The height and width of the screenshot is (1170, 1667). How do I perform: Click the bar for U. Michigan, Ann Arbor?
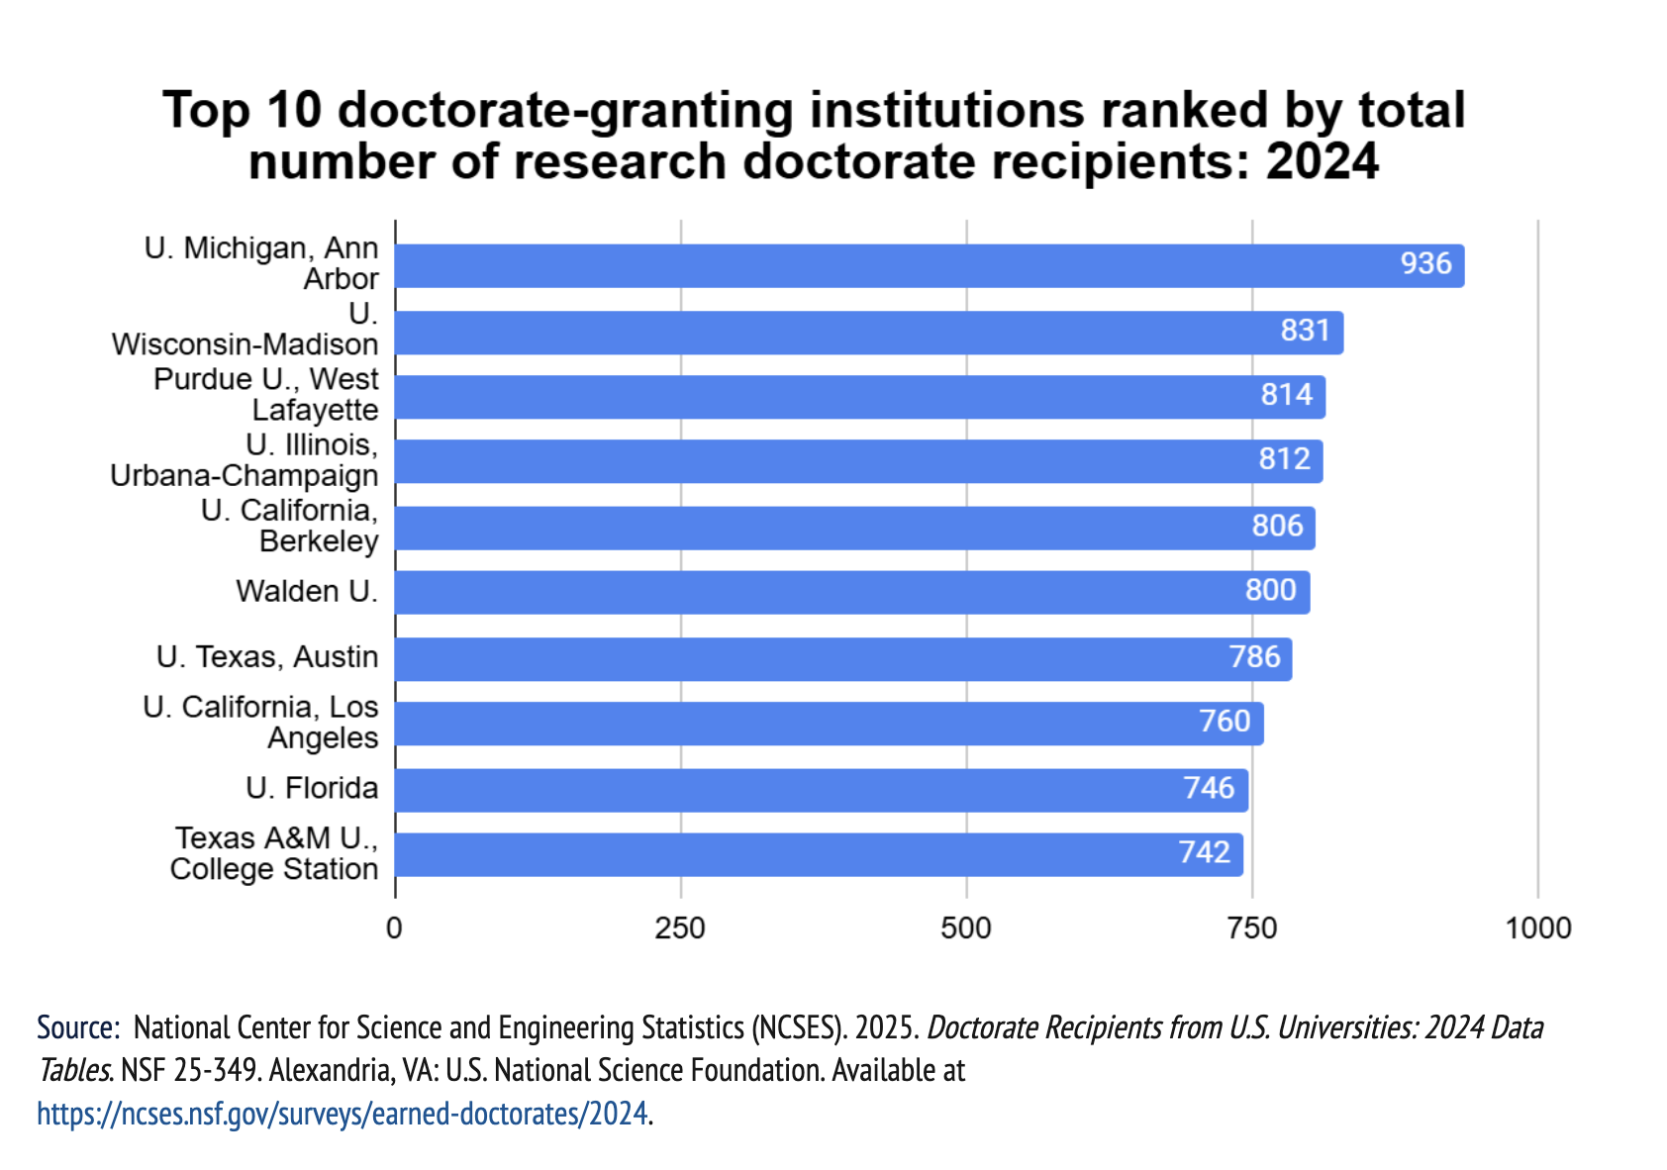pos(891,266)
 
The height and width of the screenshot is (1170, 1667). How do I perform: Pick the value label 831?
pos(1305,330)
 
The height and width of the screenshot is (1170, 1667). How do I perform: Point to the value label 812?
pos(1284,459)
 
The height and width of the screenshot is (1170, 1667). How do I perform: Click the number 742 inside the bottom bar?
pos(1204,852)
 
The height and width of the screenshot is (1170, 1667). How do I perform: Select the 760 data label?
pos(1225,721)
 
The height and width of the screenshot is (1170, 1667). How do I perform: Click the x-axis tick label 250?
pos(681,928)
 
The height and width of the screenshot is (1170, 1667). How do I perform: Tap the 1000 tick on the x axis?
pos(1537,928)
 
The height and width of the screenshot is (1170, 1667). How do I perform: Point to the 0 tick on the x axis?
pos(395,928)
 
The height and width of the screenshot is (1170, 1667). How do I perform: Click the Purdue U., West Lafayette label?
pos(265,394)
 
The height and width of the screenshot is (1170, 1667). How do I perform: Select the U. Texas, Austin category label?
pos(267,657)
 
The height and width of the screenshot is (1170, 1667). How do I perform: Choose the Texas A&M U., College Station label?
pos(274,853)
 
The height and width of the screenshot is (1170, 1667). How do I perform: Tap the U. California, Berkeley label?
pos(289,526)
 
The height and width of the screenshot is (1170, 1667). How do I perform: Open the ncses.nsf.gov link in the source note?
pos(342,1114)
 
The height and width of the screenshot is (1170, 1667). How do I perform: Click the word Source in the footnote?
pos(74,1027)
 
